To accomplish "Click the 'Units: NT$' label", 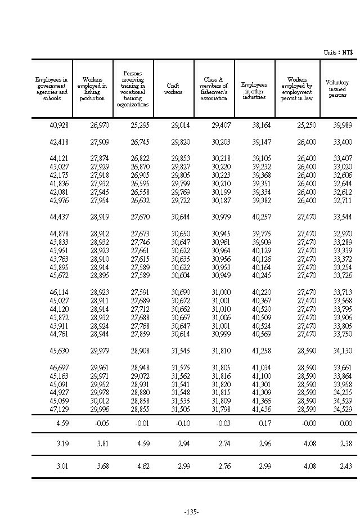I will pyautogui.click(x=338, y=52).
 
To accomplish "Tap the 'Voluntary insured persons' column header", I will pyautogui.click(x=337, y=89).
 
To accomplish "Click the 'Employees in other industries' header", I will pyautogui.click(x=254, y=89).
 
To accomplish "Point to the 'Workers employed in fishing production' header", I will pyautogui.click(x=92, y=89).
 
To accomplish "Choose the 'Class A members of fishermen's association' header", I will pyautogui.click(x=214, y=89).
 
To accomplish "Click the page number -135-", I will pyautogui.click(x=192, y=512).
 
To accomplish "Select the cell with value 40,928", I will pyautogui.click(x=59, y=125).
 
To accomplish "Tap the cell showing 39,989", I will pyautogui.click(x=343, y=125).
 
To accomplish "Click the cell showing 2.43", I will pyautogui.click(x=346, y=467).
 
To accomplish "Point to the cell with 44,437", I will pyautogui.click(x=59, y=217).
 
